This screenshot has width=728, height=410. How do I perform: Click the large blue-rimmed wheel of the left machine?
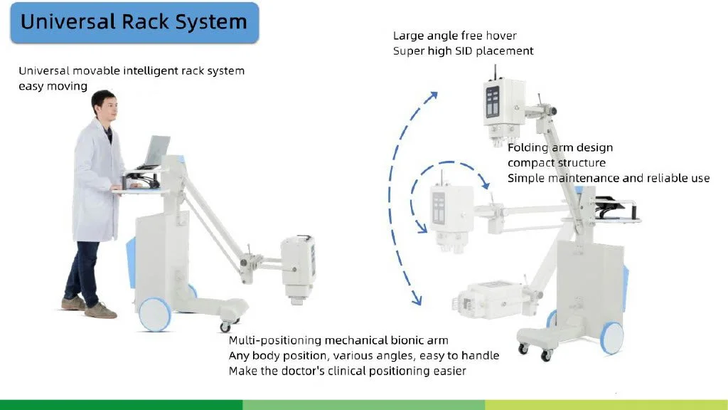[x=155, y=313]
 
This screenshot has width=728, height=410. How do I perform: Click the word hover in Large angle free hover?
[x=502, y=35]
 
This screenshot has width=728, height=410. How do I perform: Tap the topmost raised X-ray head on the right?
[x=502, y=107]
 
